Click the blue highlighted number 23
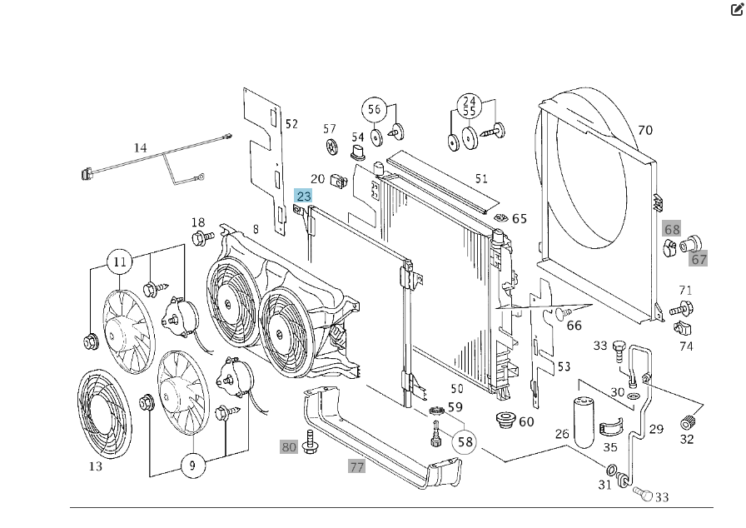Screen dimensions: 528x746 pos(303,197)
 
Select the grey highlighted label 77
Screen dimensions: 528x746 pos(356,466)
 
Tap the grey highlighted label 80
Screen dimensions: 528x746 pos(289,446)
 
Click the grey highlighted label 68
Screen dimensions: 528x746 pos(672,229)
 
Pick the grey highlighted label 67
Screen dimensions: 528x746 pos(699,259)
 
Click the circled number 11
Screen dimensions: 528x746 pos(120,262)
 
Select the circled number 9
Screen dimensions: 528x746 pos(192,465)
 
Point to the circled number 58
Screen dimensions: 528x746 pos(465,441)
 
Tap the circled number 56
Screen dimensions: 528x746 pos(374,109)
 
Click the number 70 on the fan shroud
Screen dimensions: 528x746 pos(644,131)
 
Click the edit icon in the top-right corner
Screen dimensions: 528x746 pos(736,11)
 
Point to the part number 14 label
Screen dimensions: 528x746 pos(140,148)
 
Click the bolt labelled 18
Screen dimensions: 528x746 pos(201,239)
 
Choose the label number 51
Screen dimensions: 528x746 pos(481,178)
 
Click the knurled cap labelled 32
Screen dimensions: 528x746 pos(688,421)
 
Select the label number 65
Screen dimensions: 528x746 pos(520,219)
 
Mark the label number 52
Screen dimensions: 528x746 pos(291,124)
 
